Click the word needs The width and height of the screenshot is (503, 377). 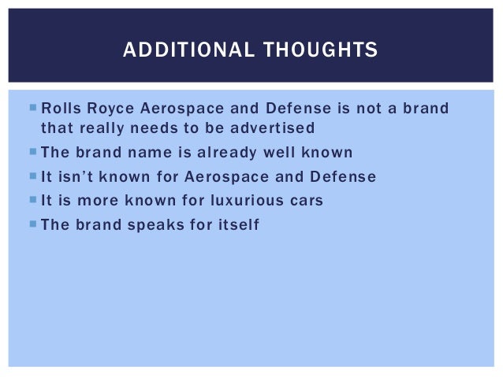point(163,128)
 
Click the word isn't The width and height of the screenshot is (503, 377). point(77,177)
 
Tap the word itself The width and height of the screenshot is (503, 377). point(237,225)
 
